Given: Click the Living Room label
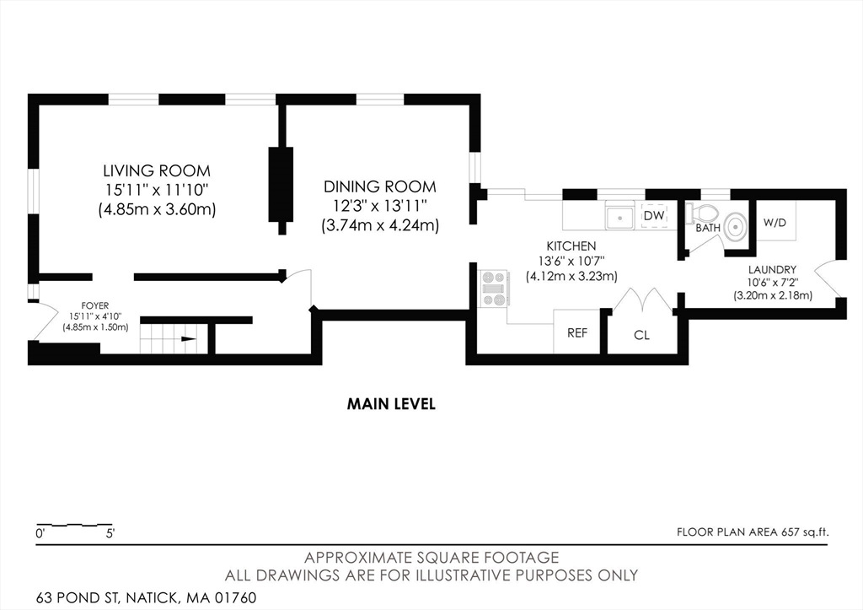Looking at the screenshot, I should click(x=156, y=170).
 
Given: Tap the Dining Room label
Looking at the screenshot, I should click(x=380, y=186).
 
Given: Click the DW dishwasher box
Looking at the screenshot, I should click(x=654, y=217).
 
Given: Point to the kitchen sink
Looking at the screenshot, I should click(x=622, y=217).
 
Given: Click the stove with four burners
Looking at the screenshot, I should click(x=494, y=289).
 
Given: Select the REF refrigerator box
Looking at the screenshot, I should click(x=576, y=333).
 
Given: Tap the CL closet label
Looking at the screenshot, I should click(x=641, y=335).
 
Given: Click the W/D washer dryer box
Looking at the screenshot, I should click(x=775, y=224).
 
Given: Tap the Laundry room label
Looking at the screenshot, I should click(x=771, y=270).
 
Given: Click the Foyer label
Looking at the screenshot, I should click(x=94, y=305).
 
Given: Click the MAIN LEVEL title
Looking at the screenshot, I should click(x=391, y=404).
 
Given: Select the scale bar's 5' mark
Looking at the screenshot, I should click(x=110, y=533).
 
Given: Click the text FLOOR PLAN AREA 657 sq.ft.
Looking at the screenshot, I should click(x=753, y=532).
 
